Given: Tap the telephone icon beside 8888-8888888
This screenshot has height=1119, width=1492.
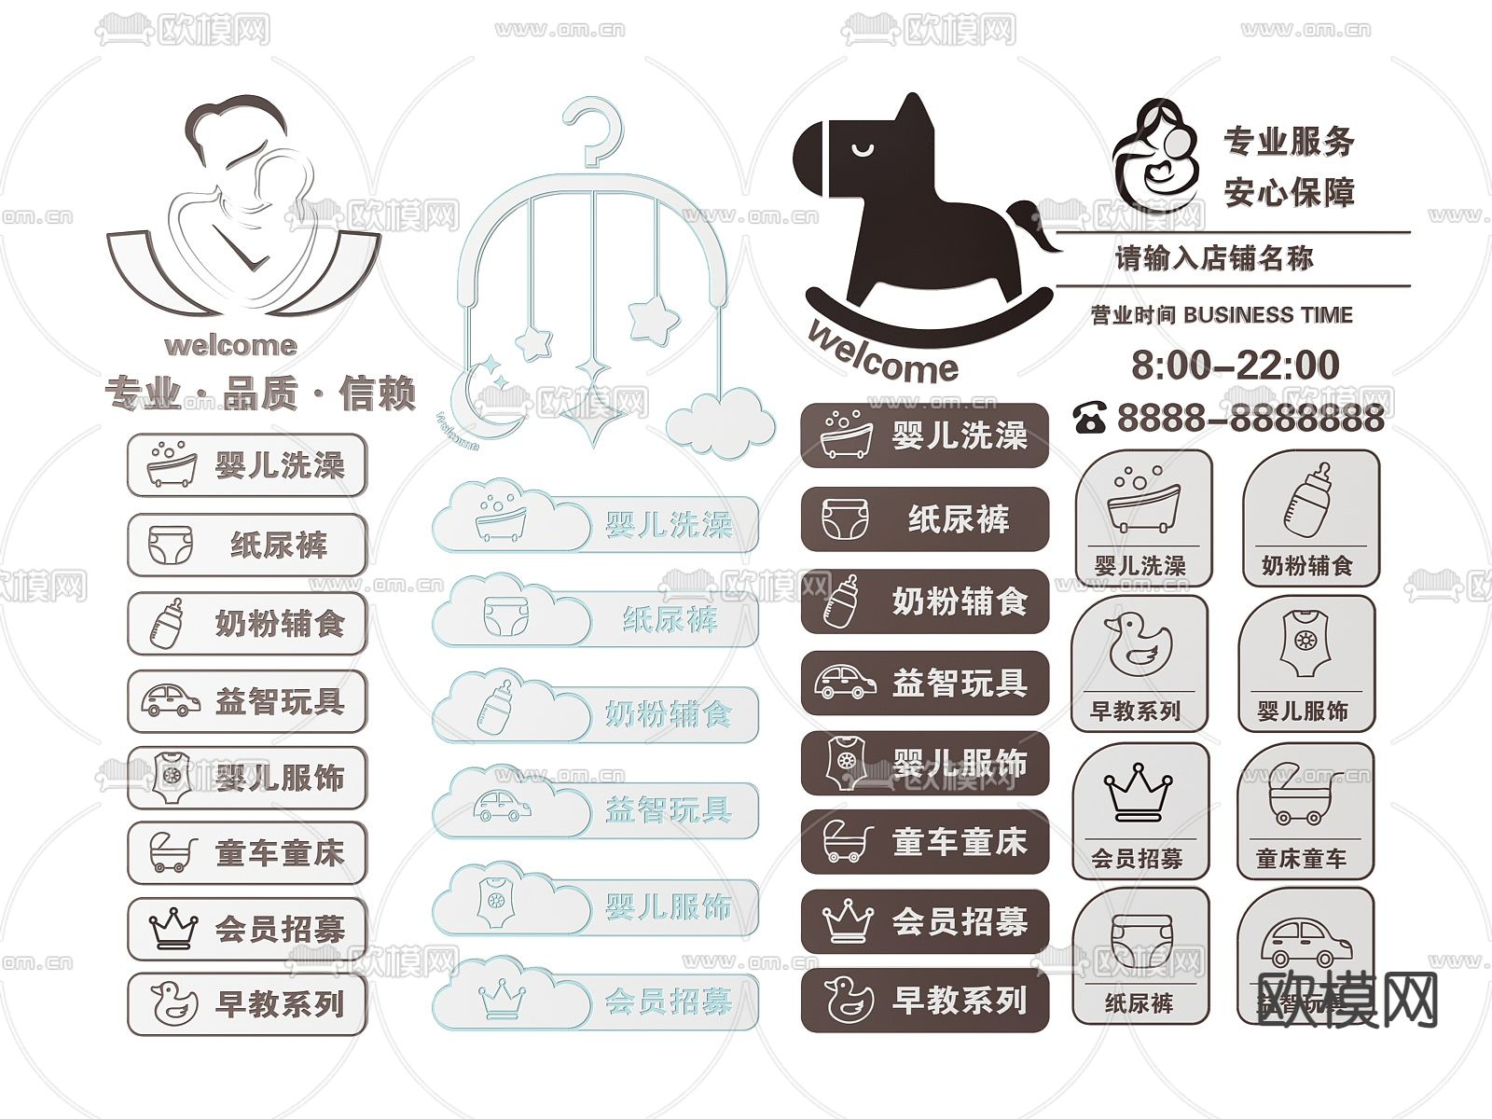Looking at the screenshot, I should point(1089,418).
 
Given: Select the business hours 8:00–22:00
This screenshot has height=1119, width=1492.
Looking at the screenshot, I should point(1235,365).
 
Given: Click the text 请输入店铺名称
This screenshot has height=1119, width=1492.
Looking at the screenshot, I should point(1214,258).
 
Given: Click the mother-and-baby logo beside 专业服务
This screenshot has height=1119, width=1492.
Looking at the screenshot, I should point(1154,157).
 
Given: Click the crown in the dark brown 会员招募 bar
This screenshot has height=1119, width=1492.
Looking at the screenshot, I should point(848,921).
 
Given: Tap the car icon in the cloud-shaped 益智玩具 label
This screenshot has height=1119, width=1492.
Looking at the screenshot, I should point(504,805).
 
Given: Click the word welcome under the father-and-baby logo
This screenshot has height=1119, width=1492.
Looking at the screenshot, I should point(230,346).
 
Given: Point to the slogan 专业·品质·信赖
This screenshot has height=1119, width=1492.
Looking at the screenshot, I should point(260,394).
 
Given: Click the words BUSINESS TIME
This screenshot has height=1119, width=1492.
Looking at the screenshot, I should point(1267,315).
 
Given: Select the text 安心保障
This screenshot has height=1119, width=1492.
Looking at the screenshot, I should point(1289,193).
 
